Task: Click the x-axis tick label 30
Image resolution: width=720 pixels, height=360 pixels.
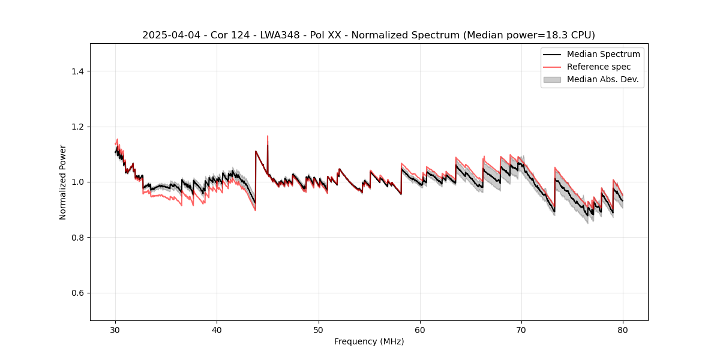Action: point(116,330)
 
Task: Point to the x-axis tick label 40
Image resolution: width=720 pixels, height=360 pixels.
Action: point(217,330)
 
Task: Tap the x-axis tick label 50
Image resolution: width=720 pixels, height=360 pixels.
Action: point(319,330)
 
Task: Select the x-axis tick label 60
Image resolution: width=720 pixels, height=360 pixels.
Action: point(420,330)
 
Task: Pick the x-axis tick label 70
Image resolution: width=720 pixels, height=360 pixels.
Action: point(521,330)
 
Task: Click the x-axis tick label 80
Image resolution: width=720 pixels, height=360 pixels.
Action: point(623,330)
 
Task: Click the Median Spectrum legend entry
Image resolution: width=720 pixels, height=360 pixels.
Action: point(603,54)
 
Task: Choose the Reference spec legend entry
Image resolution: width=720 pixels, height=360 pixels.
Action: point(598,67)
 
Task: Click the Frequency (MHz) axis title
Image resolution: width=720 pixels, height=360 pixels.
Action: point(369,341)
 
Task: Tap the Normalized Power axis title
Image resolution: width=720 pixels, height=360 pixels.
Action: point(63,182)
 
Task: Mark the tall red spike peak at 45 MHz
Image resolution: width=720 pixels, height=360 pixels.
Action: point(268,136)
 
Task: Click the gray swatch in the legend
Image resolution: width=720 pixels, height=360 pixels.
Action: point(552,79)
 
